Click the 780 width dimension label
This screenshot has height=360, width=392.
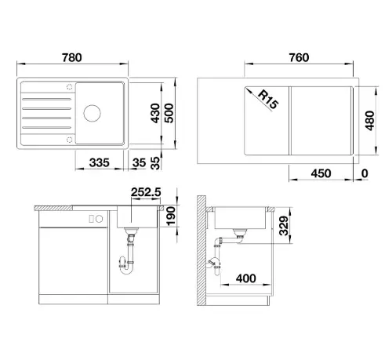point(72,57)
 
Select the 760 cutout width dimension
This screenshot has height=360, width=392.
point(299,57)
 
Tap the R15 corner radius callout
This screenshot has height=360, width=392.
point(268,100)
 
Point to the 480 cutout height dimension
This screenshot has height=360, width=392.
point(370,121)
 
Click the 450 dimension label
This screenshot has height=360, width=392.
point(321,173)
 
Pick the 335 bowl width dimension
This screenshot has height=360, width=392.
point(100,162)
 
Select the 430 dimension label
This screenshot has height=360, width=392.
point(155,113)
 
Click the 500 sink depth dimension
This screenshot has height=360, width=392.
point(169,113)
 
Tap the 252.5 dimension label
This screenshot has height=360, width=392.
point(146,192)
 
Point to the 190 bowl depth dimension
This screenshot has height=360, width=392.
point(171,216)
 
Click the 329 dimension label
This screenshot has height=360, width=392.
point(284,226)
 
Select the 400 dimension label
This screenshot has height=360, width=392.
point(246,278)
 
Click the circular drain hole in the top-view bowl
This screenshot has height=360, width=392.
point(92,113)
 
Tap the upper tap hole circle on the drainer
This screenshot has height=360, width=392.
point(70,87)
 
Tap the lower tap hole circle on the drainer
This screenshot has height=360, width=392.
point(70,140)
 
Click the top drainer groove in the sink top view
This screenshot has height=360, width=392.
point(47,100)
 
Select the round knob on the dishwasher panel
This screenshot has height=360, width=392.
point(99,219)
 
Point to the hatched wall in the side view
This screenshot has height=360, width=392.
point(201,250)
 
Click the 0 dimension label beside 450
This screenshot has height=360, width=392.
point(365,173)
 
